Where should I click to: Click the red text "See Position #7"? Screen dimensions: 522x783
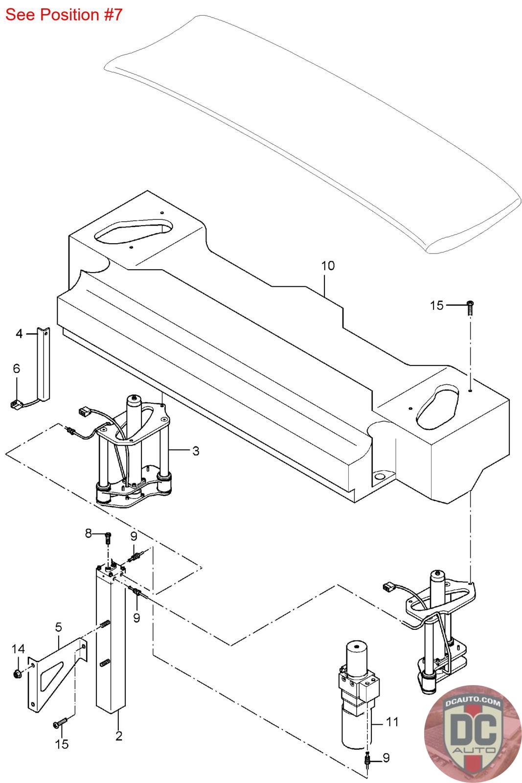pos(64,15)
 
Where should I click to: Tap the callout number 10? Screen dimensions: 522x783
pos(328,266)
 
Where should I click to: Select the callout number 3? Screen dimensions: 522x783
pos(196,451)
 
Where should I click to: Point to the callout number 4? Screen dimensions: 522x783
pos(19,334)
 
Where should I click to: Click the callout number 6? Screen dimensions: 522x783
pos(17,368)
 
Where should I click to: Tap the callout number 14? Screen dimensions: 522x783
pos(18,649)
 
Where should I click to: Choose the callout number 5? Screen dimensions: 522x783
pos(58,627)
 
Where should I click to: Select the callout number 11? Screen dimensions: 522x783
pos(392,722)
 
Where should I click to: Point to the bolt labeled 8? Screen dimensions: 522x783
pos(108,538)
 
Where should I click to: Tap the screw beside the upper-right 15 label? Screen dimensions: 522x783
pos(470,308)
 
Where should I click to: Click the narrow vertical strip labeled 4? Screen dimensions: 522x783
pos(44,364)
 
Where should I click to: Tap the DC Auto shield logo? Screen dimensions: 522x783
pos(472,734)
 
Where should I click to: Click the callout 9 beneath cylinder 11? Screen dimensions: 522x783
pos(386,758)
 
